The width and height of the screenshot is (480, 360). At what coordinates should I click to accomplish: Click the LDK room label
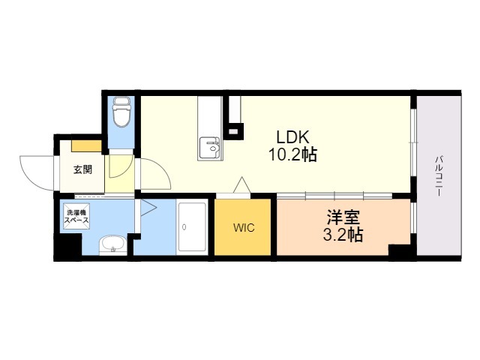293,137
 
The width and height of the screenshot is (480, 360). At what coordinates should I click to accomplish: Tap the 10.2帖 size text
292,154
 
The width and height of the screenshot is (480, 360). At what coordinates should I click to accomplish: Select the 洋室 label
343,217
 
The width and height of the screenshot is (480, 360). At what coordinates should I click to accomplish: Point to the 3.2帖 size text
343,235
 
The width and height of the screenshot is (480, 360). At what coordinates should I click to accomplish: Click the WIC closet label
244,228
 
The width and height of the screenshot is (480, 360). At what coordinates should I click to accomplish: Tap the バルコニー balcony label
439,175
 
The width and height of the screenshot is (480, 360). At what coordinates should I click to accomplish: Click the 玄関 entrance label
82,169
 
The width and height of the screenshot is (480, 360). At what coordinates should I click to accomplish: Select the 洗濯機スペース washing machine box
76,216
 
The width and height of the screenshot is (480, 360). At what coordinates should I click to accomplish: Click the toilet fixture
121,112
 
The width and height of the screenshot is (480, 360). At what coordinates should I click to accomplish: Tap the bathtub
193,227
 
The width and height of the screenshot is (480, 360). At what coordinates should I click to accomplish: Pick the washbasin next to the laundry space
112,245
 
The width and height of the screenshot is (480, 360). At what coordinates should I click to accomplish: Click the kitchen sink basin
210,148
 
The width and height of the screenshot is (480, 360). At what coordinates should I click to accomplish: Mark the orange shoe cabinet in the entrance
87,146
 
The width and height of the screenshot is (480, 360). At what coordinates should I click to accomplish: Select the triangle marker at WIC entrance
242,185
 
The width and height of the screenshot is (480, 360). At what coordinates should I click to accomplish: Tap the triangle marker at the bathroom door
148,208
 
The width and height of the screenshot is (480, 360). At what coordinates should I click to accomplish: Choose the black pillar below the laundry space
68,247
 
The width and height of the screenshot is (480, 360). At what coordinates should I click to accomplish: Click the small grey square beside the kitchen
233,131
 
